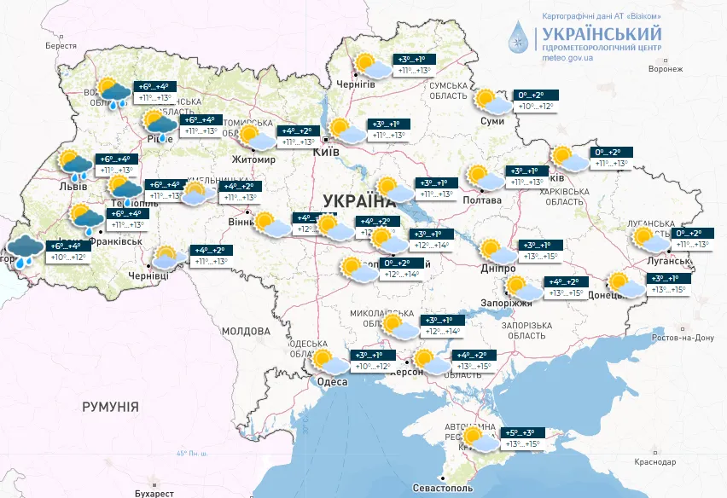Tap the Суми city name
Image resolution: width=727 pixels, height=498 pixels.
click(x=492, y=121)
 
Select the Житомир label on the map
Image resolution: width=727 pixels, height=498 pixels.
click(x=253, y=159)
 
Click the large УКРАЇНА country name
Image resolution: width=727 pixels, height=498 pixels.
click(x=358, y=201)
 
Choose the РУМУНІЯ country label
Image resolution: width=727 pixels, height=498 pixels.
click(x=110, y=408)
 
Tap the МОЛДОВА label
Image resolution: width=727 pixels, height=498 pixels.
click(x=246, y=331)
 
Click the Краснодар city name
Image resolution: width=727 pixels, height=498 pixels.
click(x=656, y=461)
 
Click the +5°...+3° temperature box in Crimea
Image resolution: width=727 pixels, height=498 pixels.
click(x=524, y=433)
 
